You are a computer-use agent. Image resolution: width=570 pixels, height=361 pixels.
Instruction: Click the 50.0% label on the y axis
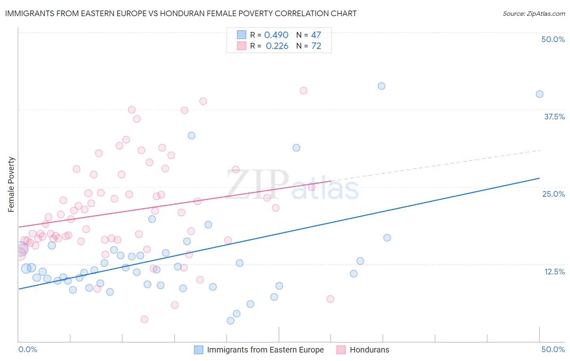[x=553, y=39]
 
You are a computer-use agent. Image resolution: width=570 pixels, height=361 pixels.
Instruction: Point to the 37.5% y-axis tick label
[x=554, y=117]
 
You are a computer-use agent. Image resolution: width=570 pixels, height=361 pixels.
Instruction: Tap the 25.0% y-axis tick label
[x=553, y=194]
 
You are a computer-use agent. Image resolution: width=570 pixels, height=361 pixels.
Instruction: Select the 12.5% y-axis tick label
[x=554, y=272]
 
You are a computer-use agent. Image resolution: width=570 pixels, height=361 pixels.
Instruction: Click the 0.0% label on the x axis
[x=28, y=349]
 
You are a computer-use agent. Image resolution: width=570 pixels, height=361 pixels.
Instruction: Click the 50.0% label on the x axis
[x=553, y=349]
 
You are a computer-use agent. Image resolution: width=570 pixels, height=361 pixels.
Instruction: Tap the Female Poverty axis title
[x=11, y=185]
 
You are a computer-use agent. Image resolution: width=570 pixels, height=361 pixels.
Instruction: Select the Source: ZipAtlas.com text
[x=534, y=13]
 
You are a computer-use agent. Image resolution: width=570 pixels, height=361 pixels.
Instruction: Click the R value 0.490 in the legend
[x=276, y=35]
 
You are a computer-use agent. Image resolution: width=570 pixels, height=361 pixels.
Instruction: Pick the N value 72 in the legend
[x=316, y=46]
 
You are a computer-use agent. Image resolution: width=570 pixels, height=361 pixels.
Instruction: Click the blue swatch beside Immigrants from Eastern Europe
[x=198, y=350]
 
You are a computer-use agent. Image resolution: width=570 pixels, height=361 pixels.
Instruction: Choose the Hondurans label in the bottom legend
[x=369, y=350]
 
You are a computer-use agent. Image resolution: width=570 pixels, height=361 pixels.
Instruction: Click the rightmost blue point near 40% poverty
[x=540, y=94]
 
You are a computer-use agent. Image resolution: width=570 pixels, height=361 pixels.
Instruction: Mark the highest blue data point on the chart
[x=381, y=86]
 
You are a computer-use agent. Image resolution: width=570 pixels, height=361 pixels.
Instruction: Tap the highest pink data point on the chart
[x=303, y=91]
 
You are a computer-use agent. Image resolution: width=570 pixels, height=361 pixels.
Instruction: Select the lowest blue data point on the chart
[x=230, y=321]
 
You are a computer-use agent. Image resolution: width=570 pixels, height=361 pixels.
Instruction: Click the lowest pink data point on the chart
[x=144, y=319]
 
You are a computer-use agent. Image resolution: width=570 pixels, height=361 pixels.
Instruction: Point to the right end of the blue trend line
[x=540, y=178]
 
